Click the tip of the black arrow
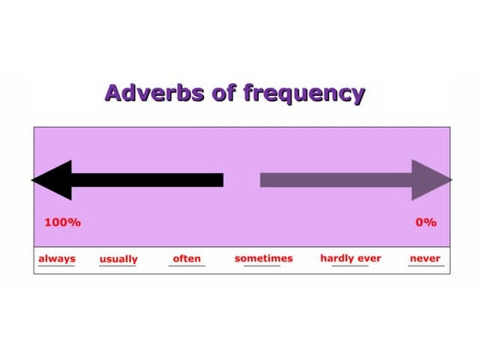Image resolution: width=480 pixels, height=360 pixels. (33, 180)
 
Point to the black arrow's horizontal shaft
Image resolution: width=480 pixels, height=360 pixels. (146, 180)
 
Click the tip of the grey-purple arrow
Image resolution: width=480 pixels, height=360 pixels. (451, 180)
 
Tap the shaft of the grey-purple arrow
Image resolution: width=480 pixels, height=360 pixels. (334, 180)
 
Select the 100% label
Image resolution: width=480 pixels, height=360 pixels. (63, 222)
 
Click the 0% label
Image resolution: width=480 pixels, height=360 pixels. (426, 222)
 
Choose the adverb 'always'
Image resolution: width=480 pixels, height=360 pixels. (57, 258)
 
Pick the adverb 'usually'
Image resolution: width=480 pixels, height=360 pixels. (118, 259)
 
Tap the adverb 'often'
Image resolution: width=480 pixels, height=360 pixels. (187, 258)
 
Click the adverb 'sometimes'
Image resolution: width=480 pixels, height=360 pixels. (263, 258)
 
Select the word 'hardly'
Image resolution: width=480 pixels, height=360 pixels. (338, 258)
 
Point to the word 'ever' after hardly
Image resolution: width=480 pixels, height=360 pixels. (369, 258)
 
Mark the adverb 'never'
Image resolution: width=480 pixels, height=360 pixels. (425, 258)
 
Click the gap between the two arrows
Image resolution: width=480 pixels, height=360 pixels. (242, 180)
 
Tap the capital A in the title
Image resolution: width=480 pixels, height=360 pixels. (113, 93)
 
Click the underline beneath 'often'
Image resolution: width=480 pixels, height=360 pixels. (187, 266)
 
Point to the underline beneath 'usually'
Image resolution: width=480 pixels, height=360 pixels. (118, 266)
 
